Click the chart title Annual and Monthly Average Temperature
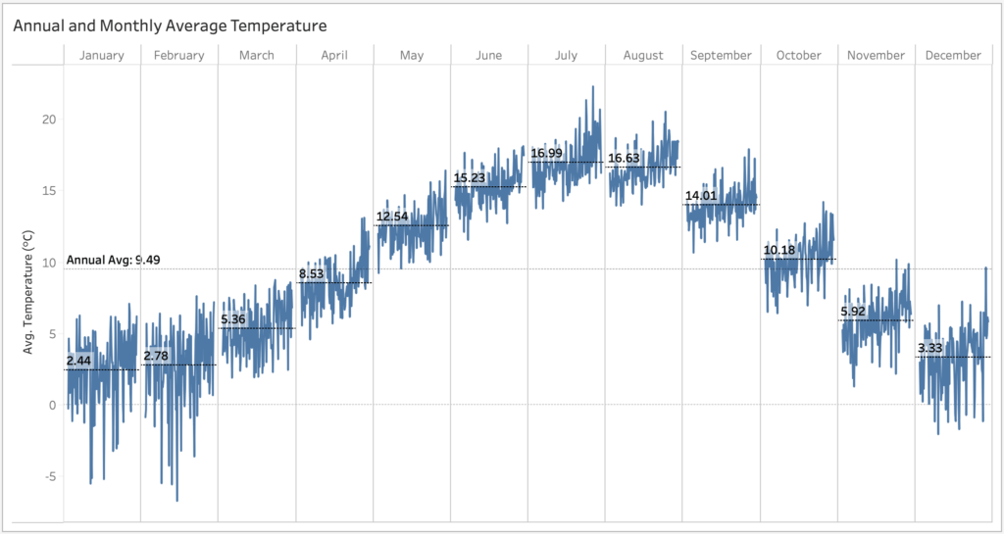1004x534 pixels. click(x=170, y=24)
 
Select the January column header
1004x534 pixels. click(x=102, y=56)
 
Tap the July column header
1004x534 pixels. click(x=566, y=56)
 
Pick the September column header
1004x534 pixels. click(x=721, y=56)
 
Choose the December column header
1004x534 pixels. click(x=953, y=56)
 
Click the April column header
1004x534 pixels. click(x=334, y=56)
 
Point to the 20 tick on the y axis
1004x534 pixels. click(x=47, y=120)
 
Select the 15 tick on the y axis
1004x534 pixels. click(x=47, y=191)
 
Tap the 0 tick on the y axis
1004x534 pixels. click(x=51, y=405)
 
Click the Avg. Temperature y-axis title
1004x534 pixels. click(x=29, y=292)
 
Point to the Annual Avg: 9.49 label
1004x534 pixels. click(x=113, y=260)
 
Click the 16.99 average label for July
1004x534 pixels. click(x=546, y=154)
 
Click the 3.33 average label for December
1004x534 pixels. click(x=932, y=349)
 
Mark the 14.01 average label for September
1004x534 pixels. click(x=701, y=196)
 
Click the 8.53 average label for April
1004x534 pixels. click(x=313, y=274)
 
